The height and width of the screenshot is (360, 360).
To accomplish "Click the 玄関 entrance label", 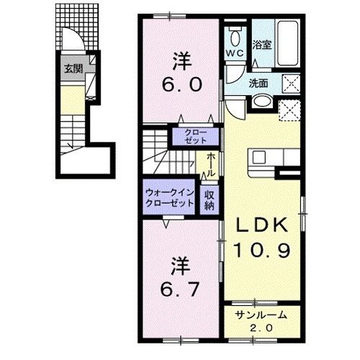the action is click(73, 69).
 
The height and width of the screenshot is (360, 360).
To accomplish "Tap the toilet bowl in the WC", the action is click(235, 37).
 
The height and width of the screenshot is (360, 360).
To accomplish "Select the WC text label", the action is click(235, 53).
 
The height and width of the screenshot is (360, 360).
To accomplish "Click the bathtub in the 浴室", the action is click(287, 43).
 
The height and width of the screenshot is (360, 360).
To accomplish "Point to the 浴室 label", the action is click(262, 45).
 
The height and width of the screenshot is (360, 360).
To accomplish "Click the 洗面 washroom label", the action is click(258, 83).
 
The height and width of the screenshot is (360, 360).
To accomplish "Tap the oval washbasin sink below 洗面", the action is click(263, 102).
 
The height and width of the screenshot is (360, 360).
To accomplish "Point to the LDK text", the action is click(262, 225).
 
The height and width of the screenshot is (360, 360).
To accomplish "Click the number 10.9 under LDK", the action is click(262, 250).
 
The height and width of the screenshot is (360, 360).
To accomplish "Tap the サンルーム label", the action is click(261, 315).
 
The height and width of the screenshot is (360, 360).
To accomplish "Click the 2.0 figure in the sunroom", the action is click(261, 328).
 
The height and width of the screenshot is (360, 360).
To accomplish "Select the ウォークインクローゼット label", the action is click(170, 198).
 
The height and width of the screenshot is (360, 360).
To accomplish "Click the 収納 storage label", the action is click(210, 200).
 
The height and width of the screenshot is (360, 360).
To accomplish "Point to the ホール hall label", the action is click(211, 165).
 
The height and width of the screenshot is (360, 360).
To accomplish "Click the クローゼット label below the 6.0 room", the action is click(196, 137).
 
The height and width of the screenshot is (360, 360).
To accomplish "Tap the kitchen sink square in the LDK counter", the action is click(258, 157).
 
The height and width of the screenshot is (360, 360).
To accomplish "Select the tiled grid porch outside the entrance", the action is click(77, 27).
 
